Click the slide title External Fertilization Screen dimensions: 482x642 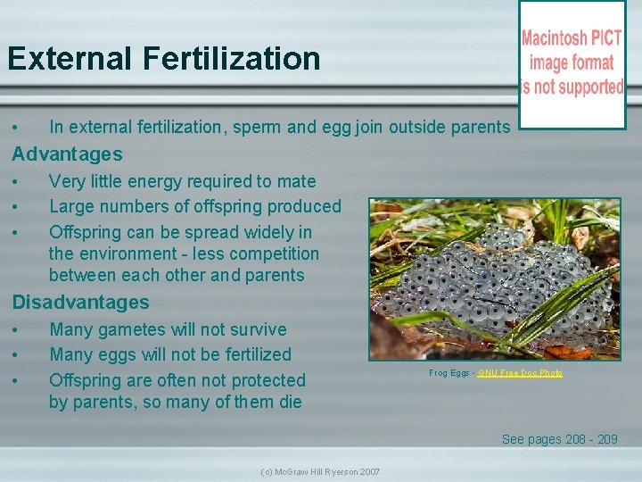pyautogui.click(x=163, y=59)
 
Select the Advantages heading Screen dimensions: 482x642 pyautogui.click(x=67, y=154)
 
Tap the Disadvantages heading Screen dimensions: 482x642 pyautogui.click(x=80, y=303)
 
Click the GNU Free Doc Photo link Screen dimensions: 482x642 pyautogui.click(x=520, y=372)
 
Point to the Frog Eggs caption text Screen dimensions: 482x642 pyautogui.click(x=450, y=372)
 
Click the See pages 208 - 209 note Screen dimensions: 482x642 pyautogui.click(x=559, y=438)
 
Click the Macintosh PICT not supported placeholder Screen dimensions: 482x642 pyautogui.click(x=572, y=63)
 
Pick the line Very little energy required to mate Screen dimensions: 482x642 pyautogui.click(x=182, y=181)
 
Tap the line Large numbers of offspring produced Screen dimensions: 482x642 pyautogui.click(x=194, y=206)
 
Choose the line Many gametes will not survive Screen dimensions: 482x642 pyautogui.click(x=168, y=329)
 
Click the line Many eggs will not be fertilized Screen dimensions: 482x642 pyautogui.click(x=169, y=354)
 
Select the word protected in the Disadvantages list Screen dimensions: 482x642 pyautogui.click(x=264, y=379)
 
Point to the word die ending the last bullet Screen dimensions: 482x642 pyautogui.click(x=290, y=402)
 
